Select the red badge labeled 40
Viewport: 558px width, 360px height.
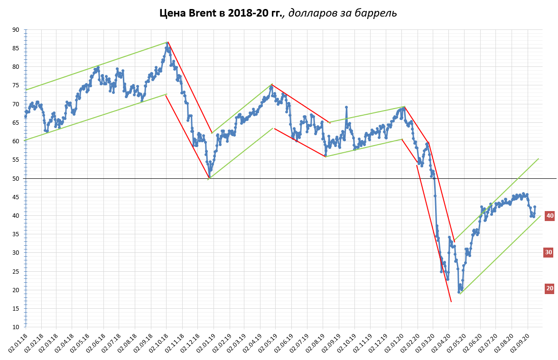pyautogui.click(x=549, y=216)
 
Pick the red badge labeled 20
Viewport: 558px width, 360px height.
pyautogui.click(x=549, y=288)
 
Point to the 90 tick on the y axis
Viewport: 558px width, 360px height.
pyautogui.click(x=16, y=30)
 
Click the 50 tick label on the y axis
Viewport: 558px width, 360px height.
pyautogui.click(x=16, y=178)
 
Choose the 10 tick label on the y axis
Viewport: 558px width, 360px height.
pyautogui.click(x=16, y=327)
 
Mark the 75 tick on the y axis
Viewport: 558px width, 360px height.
pyautogui.click(x=16, y=85)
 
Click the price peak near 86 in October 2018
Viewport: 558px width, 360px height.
pyautogui.click(x=167, y=43)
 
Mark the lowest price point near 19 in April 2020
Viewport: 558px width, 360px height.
pyautogui.click(x=459, y=292)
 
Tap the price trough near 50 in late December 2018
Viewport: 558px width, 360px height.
pyautogui.click(x=209, y=177)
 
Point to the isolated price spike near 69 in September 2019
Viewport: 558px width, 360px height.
pyautogui.click(x=346, y=107)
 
